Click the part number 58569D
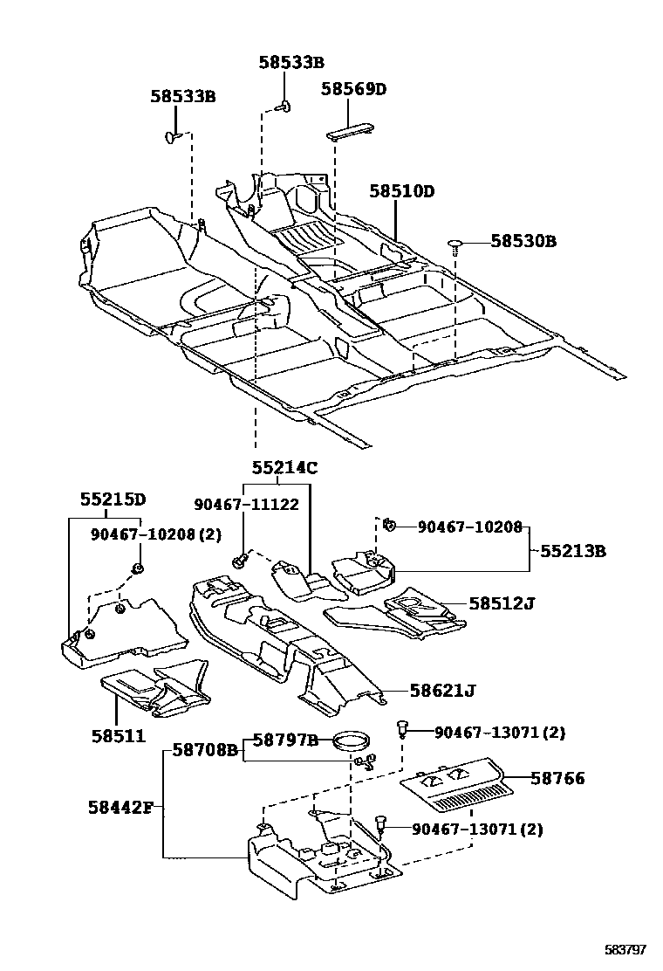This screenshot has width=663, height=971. (352, 89)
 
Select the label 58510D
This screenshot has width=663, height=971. (400, 190)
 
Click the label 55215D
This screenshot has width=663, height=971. (113, 499)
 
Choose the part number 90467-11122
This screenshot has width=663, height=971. (246, 504)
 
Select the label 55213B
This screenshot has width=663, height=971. (573, 551)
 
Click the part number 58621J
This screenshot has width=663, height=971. (443, 692)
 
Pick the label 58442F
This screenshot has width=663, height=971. (120, 807)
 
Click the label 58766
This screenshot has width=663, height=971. (557, 778)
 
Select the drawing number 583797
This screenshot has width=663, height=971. (626, 948)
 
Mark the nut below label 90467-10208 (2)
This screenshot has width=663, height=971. (137, 570)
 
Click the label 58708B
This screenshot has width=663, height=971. (205, 749)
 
